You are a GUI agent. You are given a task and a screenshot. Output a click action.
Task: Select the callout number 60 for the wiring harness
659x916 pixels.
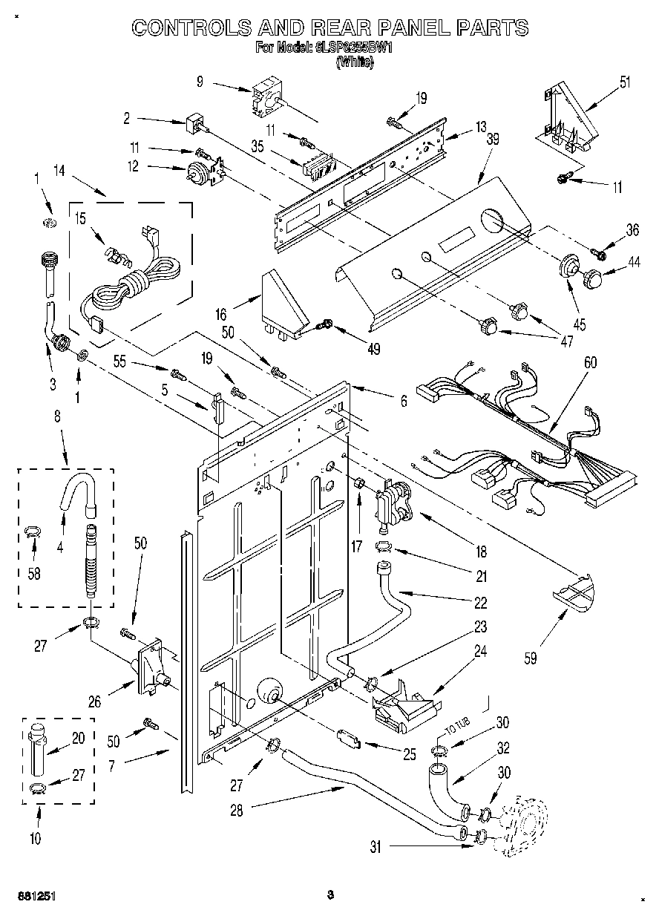590,363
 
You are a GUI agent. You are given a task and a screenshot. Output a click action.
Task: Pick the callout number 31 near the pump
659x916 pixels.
375,845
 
